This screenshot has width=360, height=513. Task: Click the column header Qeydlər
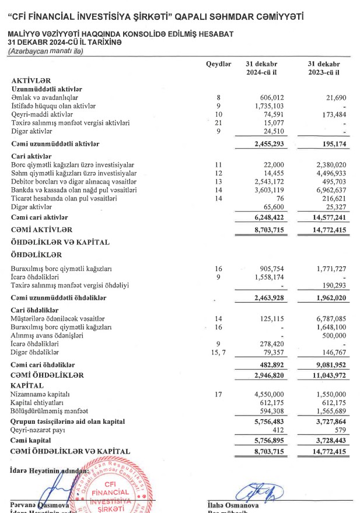219,63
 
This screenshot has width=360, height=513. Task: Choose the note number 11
219,165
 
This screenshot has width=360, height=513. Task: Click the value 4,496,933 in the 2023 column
329,173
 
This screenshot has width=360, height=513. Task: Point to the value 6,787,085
329,319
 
